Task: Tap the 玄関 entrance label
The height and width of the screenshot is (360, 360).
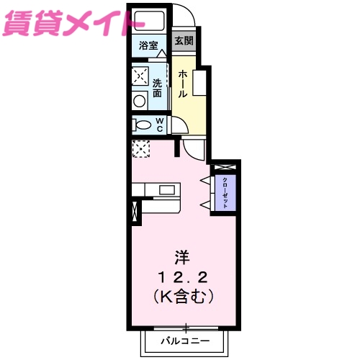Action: click(182, 41)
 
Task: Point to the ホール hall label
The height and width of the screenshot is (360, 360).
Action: click(184, 84)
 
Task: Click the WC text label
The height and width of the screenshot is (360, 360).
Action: click(159, 125)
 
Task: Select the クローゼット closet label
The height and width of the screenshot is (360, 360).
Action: click(225, 192)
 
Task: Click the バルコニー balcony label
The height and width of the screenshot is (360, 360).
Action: click(185, 339)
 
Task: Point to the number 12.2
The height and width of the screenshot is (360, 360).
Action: click(184, 276)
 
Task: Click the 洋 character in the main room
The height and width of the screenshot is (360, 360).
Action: click(184, 256)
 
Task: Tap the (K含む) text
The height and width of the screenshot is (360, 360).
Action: click(184, 295)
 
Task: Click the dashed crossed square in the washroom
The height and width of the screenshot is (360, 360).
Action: click(140, 75)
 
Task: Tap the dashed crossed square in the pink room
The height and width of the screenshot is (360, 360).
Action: click(140, 148)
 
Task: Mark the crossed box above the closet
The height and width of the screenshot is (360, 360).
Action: click(225, 166)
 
